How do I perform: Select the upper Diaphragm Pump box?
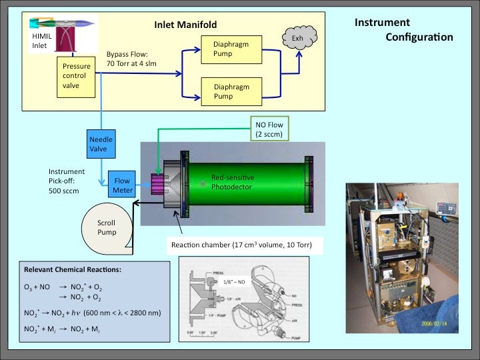click(x=229, y=49)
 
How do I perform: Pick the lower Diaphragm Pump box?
click(x=229, y=91)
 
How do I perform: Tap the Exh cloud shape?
click(x=297, y=39)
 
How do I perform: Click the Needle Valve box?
click(x=100, y=144)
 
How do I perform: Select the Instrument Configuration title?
click(x=403, y=29)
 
